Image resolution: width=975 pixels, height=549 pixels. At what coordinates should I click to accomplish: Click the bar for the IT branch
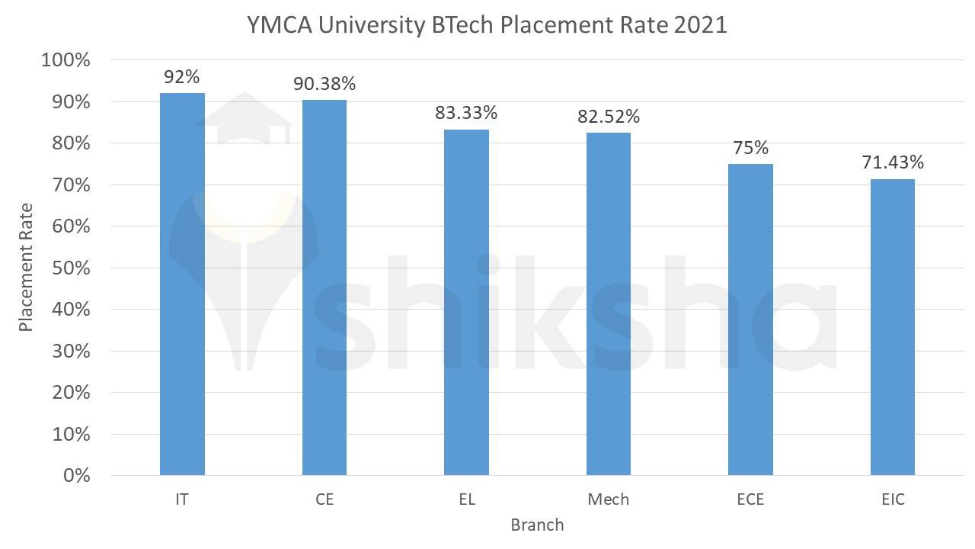(x=182, y=284)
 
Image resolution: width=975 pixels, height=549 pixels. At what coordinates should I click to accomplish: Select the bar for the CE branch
(x=324, y=287)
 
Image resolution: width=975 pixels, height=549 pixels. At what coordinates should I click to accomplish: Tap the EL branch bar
(x=466, y=302)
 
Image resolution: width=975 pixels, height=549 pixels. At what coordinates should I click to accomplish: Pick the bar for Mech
(x=609, y=303)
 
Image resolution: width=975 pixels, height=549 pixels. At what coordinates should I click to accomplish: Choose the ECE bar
(x=750, y=319)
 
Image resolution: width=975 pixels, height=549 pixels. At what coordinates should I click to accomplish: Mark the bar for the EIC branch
(x=892, y=327)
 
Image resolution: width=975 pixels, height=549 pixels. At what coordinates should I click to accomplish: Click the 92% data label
(x=182, y=76)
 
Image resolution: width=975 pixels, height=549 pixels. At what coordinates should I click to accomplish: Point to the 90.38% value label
(x=324, y=83)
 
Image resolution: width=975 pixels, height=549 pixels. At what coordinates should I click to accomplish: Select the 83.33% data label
(x=466, y=113)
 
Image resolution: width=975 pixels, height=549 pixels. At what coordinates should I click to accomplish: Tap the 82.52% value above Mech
(x=609, y=117)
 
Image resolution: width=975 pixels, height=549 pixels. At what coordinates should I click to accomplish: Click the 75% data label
(x=750, y=148)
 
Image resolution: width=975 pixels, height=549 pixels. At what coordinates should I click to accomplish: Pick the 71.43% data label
(x=892, y=162)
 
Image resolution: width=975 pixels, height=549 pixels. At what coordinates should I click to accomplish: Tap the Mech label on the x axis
(x=609, y=500)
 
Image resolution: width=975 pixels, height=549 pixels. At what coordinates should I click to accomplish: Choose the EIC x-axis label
(x=892, y=500)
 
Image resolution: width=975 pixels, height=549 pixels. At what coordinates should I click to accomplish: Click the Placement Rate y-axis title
(x=27, y=268)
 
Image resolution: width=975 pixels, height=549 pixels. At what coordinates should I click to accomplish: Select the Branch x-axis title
(x=537, y=525)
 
